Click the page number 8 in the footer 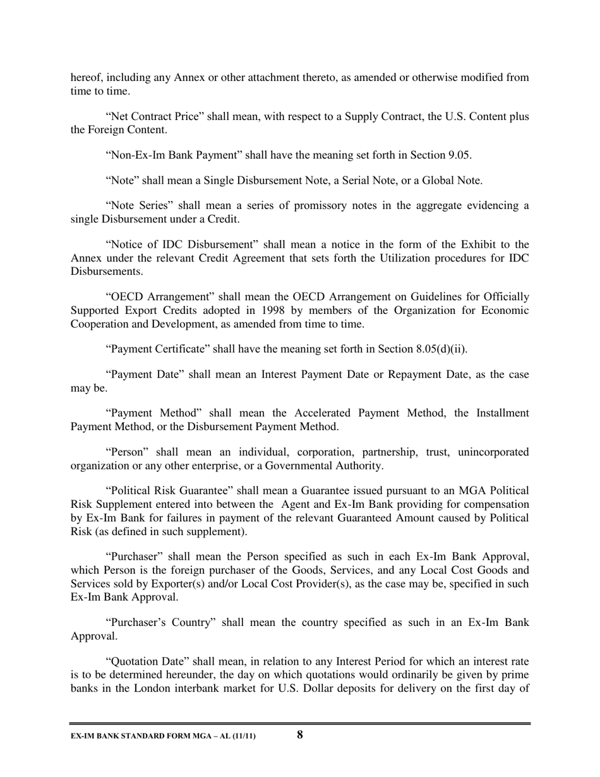pos(300,735)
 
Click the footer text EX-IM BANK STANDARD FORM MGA pos(145,736)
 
